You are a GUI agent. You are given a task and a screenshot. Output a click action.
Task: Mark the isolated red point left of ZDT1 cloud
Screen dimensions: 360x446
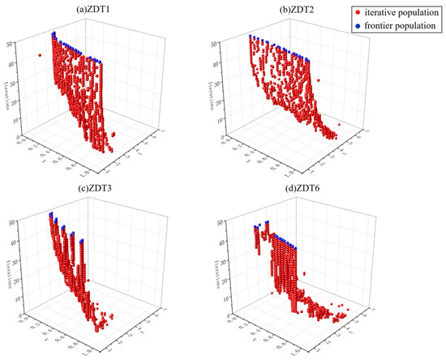click(x=39, y=55)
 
